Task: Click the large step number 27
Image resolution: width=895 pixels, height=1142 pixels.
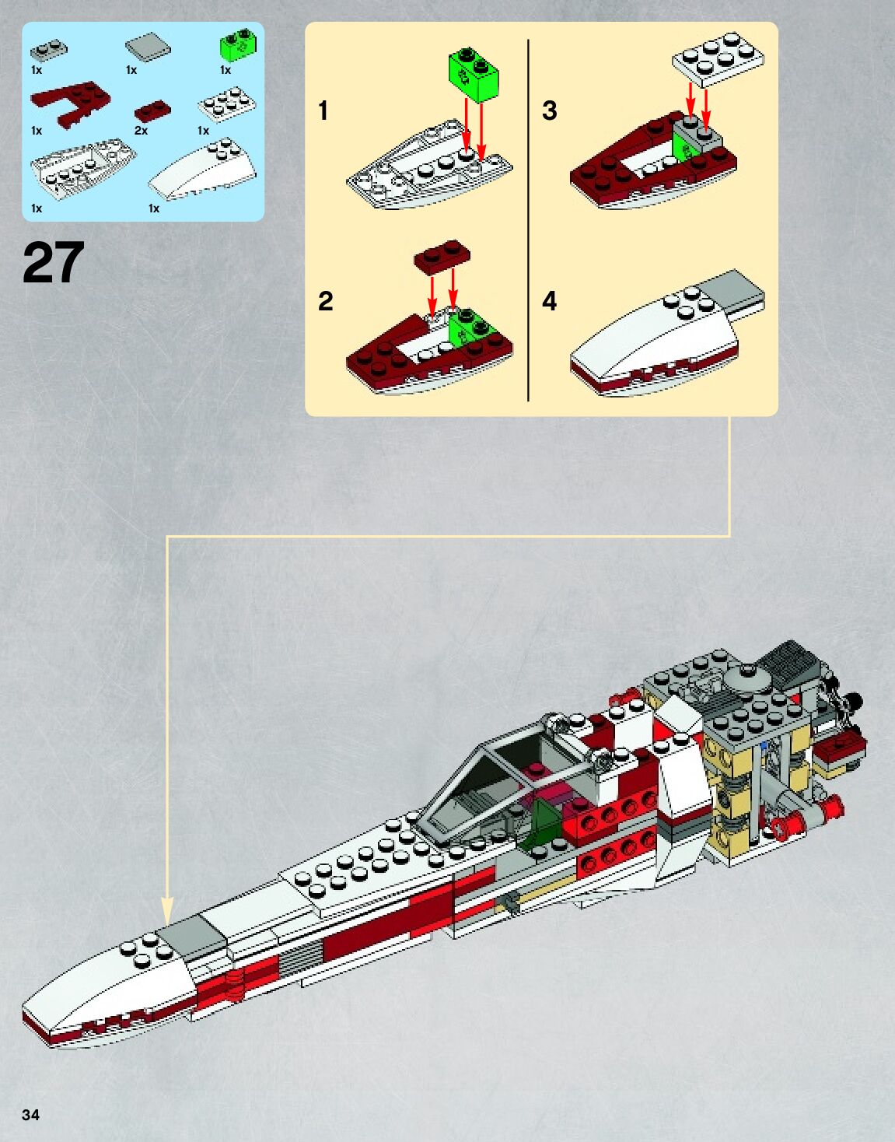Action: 53,263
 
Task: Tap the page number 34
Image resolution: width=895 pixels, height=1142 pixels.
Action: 30,1115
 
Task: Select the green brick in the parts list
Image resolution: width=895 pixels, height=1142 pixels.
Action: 239,45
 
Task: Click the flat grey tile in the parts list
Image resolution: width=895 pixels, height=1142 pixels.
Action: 148,47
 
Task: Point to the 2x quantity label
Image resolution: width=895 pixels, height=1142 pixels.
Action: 141,131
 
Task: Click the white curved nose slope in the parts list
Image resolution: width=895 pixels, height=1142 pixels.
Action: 202,170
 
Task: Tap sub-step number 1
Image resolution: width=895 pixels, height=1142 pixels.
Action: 323,110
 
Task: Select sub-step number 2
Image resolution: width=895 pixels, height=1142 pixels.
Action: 325,301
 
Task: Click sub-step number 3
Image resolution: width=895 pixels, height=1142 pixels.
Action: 549,110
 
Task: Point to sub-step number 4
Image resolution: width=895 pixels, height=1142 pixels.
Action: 549,301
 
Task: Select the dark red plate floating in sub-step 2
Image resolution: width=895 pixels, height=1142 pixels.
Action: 442,256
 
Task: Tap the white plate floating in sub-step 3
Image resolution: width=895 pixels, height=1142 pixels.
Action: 718,58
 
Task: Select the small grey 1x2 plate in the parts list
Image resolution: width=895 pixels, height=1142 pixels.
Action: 48,51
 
